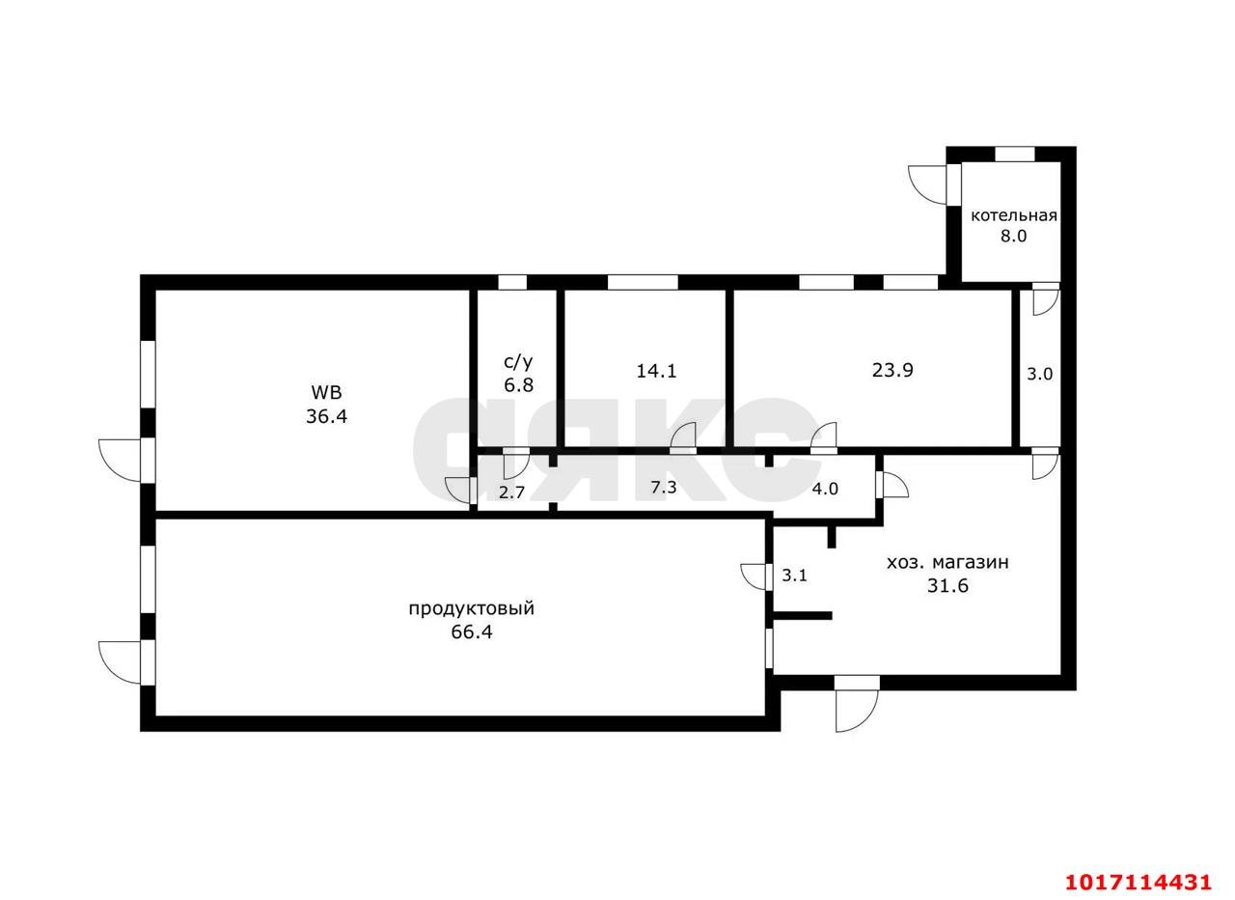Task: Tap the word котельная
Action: click(1014, 215)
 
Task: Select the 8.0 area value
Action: click(1014, 237)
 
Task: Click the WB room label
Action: click(326, 393)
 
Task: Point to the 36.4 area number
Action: click(326, 416)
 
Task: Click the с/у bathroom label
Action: click(518, 362)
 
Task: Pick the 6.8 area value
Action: click(518, 384)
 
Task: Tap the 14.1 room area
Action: click(656, 371)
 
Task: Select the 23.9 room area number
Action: click(892, 370)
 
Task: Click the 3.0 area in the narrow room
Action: click(1039, 374)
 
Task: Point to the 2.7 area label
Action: click(511, 492)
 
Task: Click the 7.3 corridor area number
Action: click(663, 488)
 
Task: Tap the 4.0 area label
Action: click(825, 489)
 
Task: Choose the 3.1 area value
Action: click(794, 576)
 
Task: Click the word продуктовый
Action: click(472, 609)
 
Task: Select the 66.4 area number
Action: click(472, 632)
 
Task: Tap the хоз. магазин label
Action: click(947, 563)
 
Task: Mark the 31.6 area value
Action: click(947, 585)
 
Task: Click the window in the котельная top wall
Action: click(1014, 154)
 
